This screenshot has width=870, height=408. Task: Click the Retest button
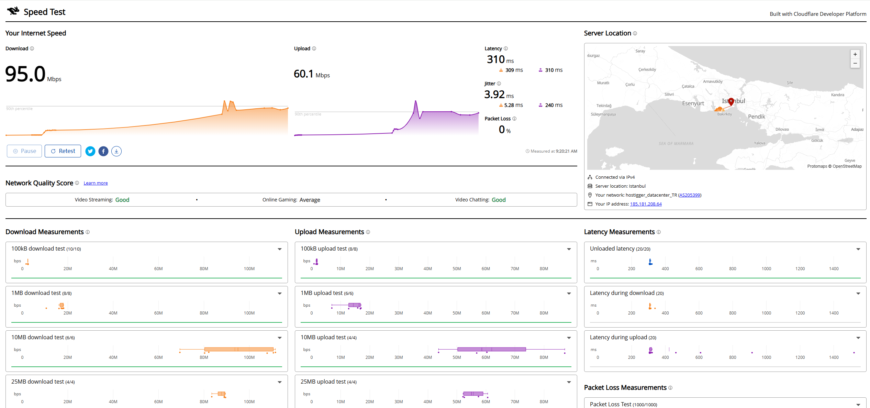63,151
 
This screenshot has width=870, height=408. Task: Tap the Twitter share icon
90,151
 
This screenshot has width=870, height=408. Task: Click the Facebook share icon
103,151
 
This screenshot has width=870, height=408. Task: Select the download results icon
116,151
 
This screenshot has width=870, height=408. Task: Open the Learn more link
96,183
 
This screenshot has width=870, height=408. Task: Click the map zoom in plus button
855,54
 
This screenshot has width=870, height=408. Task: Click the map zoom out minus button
855,63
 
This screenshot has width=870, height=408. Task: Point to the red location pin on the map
731,101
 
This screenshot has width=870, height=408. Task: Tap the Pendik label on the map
757,117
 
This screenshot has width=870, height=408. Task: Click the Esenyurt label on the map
693,103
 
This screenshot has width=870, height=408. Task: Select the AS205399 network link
690,195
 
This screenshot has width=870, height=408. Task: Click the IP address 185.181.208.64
646,204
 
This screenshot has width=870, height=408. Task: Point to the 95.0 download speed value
25,74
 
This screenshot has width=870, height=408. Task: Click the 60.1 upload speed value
303,74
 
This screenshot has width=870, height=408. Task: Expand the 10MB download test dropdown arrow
280,338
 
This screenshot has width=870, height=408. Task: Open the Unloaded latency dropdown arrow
858,249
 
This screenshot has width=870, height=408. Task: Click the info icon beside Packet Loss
514,119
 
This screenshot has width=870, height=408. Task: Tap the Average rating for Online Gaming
310,200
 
